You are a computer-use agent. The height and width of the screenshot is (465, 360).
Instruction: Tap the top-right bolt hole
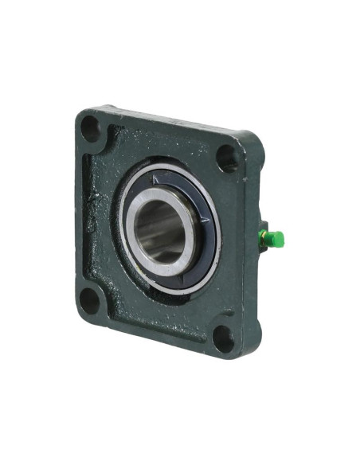pyautogui.click(x=227, y=156)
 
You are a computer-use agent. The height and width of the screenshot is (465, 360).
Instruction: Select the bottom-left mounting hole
pyautogui.click(x=91, y=300)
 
